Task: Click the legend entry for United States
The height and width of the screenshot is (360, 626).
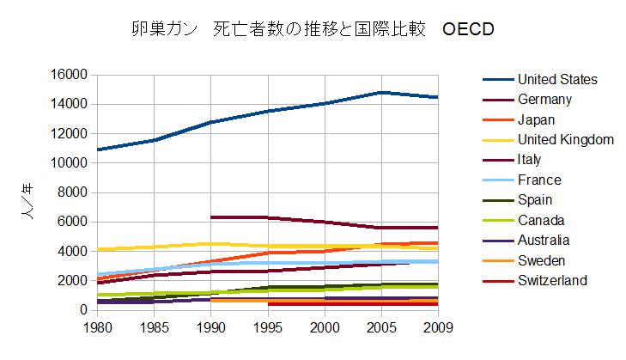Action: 557,80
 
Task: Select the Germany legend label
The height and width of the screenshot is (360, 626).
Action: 545,100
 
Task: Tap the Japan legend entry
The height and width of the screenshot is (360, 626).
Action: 538,120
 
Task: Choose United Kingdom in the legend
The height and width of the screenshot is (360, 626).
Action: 565,140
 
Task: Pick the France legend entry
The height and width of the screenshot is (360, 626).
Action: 539,180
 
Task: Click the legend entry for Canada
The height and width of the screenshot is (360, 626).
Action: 542,220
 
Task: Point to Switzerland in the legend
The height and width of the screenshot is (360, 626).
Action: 552,280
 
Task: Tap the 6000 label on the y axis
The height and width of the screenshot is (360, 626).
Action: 73,222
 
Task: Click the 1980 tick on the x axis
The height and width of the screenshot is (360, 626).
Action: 98,327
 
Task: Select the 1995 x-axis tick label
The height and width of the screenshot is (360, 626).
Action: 269,327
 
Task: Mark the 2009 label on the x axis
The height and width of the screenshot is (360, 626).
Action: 438,327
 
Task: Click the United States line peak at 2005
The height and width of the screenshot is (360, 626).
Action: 382,92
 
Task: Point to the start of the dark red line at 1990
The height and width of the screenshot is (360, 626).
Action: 212,217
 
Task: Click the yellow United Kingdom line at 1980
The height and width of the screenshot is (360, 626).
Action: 99,249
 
